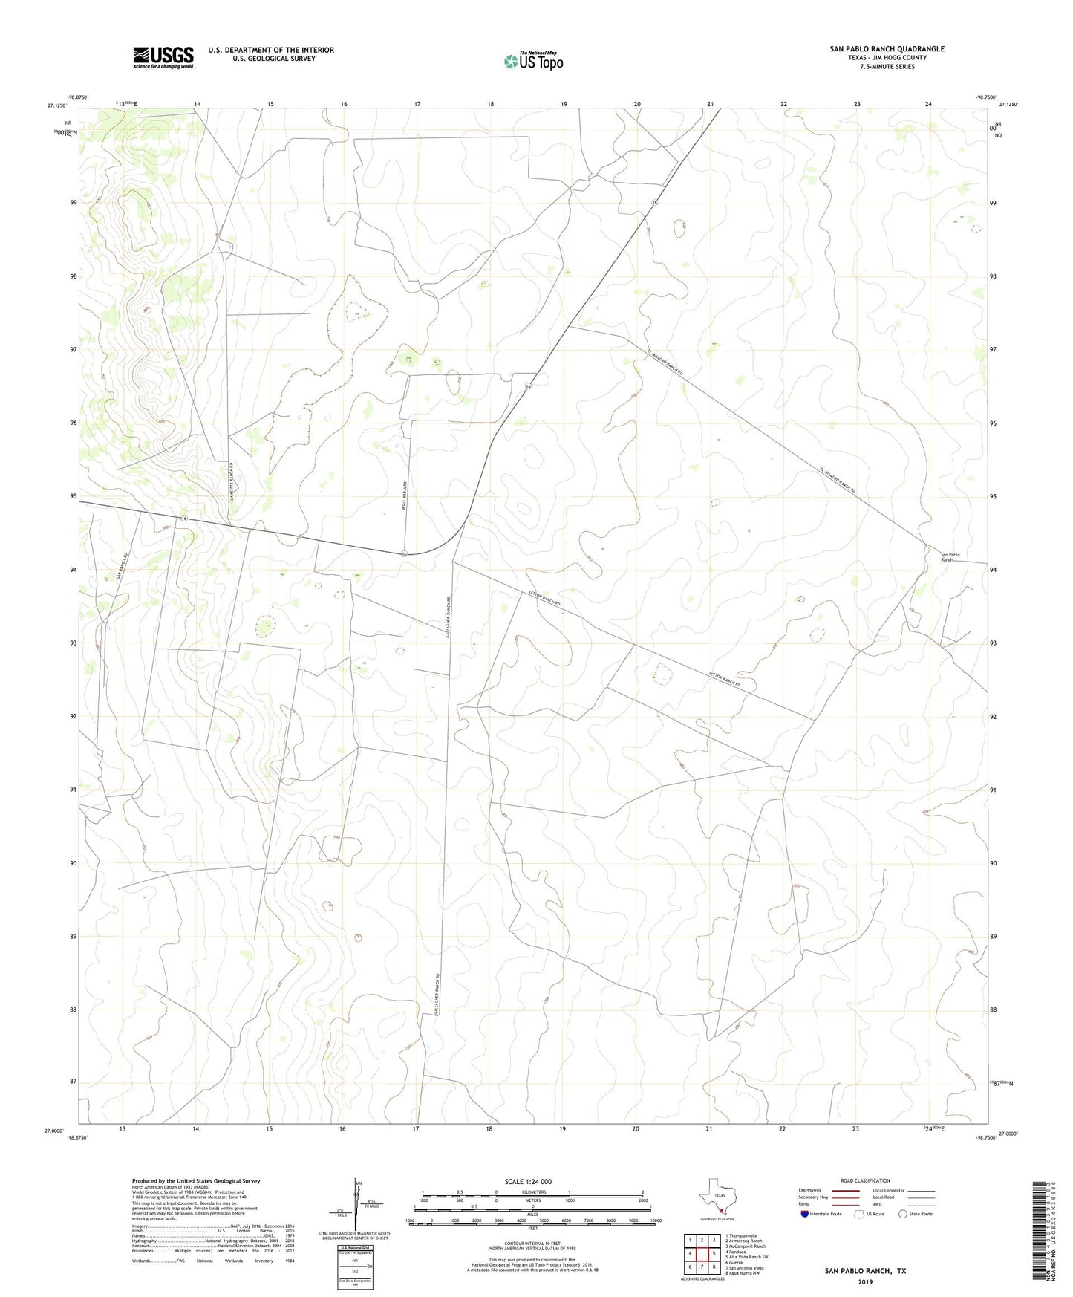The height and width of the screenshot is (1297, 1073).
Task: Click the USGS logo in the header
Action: [x=163, y=57]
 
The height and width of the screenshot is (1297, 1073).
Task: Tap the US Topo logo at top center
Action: [x=532, y=61]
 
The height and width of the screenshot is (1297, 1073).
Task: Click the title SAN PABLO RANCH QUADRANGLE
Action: [x=887, y=49]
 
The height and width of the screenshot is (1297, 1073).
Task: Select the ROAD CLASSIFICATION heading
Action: [x=865, y=1180]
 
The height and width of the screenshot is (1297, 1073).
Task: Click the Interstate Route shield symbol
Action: [x=806, y=1214]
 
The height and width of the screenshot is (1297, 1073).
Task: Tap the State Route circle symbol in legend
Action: [x=903, y=1214]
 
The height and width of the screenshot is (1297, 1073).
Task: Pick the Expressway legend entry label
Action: [x=809, y=1190]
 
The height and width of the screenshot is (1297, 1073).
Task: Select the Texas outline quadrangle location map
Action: [x=717, y=1199]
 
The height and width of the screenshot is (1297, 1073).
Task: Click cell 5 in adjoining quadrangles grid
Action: [x=714, y=1253]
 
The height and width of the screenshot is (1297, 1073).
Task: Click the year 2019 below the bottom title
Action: [x=865, y=1281]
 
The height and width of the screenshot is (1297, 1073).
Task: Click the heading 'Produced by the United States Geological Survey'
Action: [x=196, y=1181]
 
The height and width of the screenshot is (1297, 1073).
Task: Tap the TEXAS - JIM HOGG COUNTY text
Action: [x=887, y=58]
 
